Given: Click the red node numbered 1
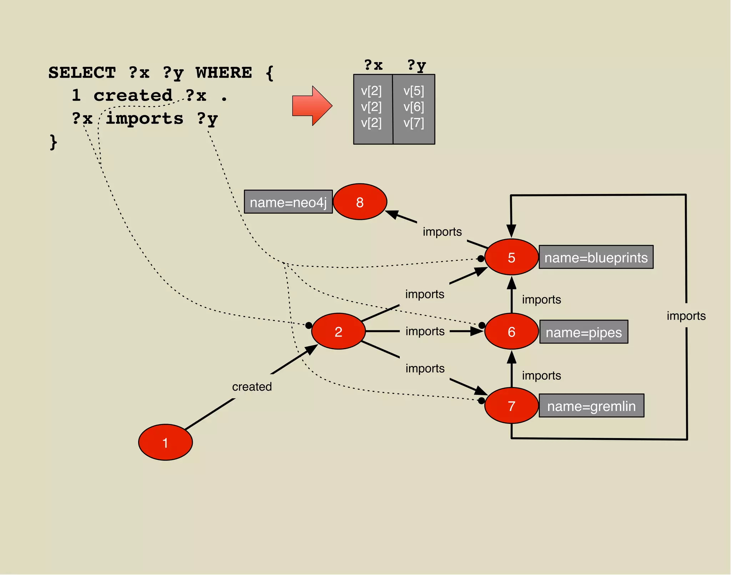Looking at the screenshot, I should pos(165,442).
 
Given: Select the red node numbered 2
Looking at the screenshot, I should pos(338,331).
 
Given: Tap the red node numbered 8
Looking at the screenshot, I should pos(360,202).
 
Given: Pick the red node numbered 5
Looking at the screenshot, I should pos(511,257).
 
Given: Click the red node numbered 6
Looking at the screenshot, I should pos(511,331).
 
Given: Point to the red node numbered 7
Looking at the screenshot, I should pos(511,406).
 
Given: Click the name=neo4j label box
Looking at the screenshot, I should pos(288,202).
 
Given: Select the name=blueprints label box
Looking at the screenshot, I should pos(596,257).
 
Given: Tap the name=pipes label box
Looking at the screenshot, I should pos(584,332).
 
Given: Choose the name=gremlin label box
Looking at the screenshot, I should pos(591,406).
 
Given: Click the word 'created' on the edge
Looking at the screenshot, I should pos(252,386).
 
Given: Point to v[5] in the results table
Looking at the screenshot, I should pos(414,91).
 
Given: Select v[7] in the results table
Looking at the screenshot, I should pos(414,123).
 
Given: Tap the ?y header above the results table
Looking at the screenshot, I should pos(417,65).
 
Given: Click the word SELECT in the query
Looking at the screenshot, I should pos(82,73).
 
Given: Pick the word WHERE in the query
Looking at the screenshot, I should pos(224,73).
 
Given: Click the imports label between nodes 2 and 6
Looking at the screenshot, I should pos(425,331).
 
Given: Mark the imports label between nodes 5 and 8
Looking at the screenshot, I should pos(442,232).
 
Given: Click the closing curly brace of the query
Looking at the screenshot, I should pos(53,142).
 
